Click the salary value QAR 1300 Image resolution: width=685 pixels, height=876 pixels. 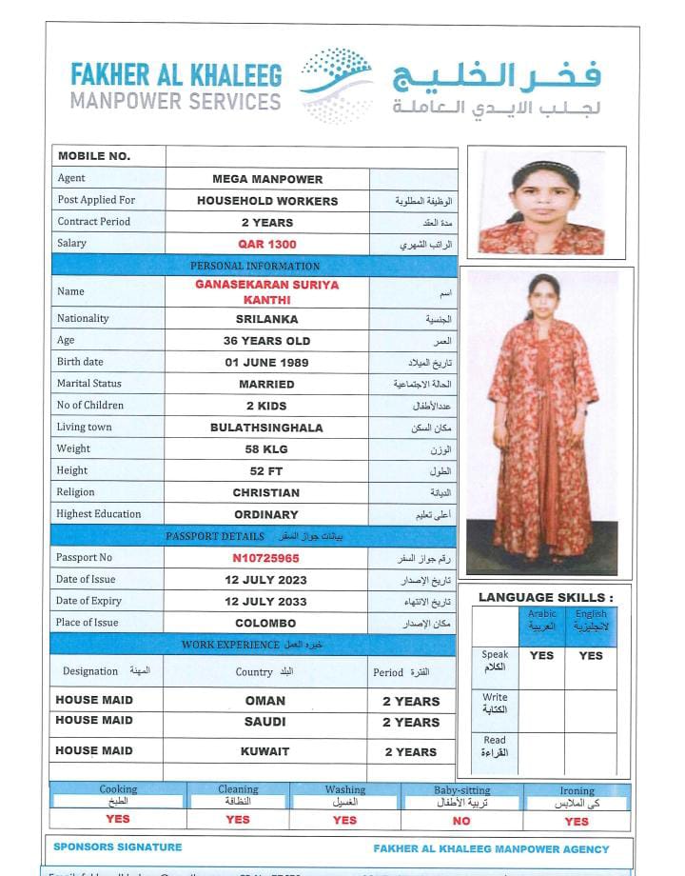pos(267,245)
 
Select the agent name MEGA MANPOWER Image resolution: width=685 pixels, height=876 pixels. pos(267,179)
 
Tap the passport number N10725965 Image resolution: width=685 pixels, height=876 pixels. pos(266,558)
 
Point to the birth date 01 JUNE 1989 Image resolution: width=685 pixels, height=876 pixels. pos(267,363)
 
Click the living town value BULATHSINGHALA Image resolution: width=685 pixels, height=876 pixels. pos(267,428)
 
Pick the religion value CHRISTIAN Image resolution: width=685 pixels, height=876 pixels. pos(266,493)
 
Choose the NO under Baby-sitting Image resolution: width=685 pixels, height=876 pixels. pos(461,820)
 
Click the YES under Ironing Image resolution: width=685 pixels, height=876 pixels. pos(577,821)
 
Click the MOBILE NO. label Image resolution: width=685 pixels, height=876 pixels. pos(94,156)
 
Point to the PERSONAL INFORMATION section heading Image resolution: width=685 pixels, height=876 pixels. pos(255,266)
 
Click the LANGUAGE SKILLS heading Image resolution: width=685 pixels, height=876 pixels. pos(545,597)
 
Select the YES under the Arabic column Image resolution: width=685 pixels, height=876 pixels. pos(541,655)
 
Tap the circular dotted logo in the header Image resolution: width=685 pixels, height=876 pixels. pos(337,86)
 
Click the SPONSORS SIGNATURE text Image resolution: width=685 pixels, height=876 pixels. pos(118,846)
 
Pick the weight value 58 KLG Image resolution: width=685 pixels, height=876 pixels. pos(267,449)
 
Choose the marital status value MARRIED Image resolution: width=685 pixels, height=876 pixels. pos(267,385)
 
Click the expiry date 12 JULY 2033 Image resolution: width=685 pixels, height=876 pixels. pos(266,602)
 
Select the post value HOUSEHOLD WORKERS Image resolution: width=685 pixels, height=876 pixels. pos(267,201)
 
